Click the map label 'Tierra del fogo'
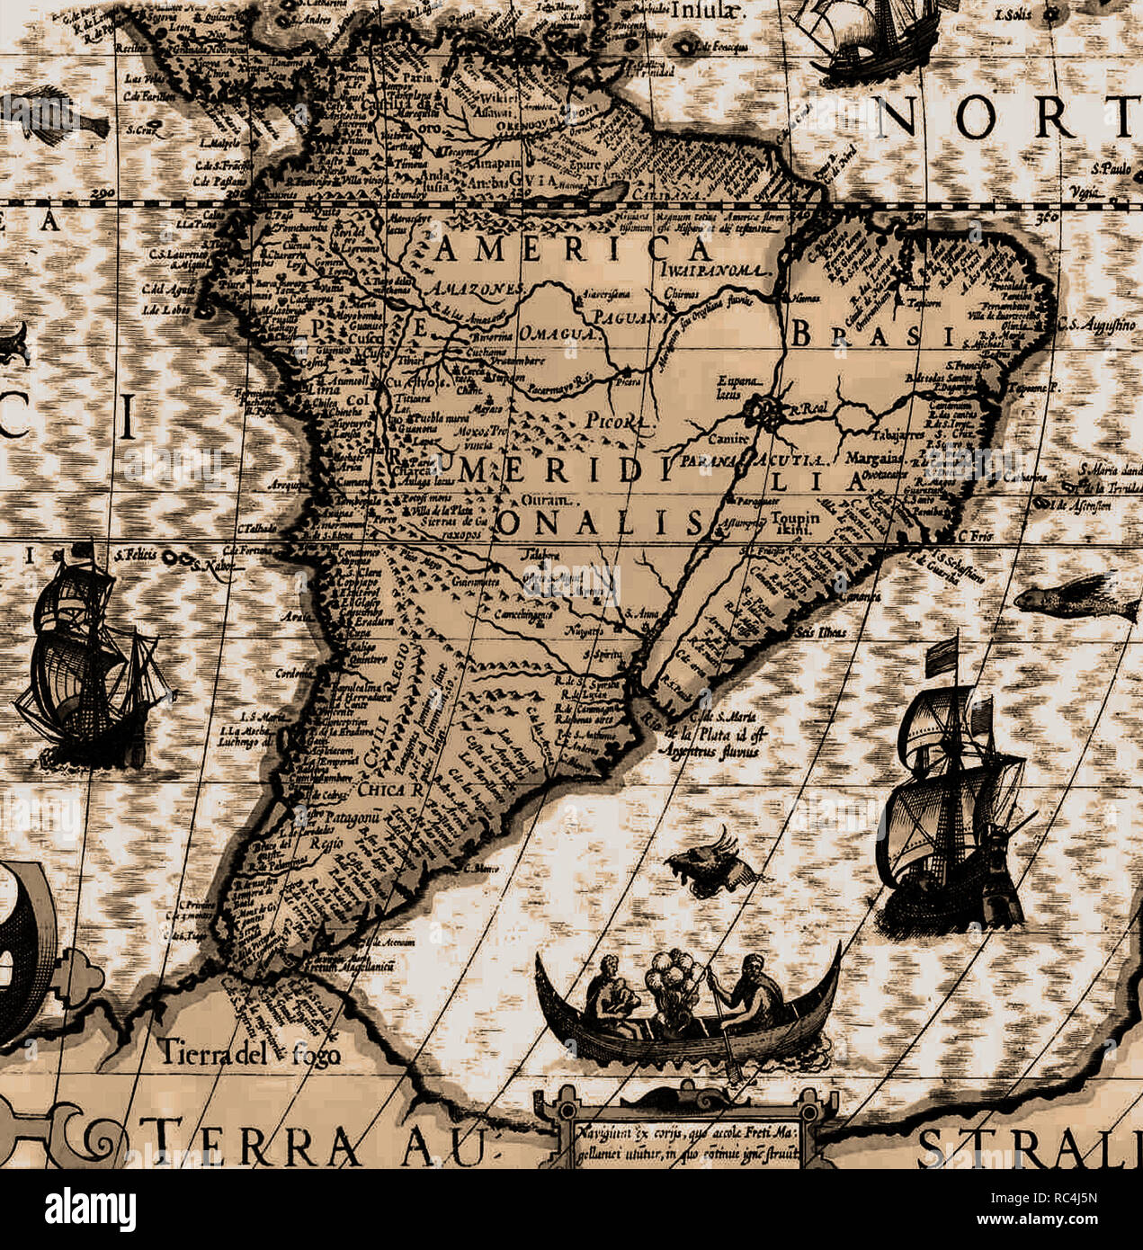tap(250, 1050)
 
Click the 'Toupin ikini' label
tap(796, 523)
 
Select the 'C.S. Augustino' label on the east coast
tap(1096, 323)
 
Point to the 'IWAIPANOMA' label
tap(715, 270)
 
